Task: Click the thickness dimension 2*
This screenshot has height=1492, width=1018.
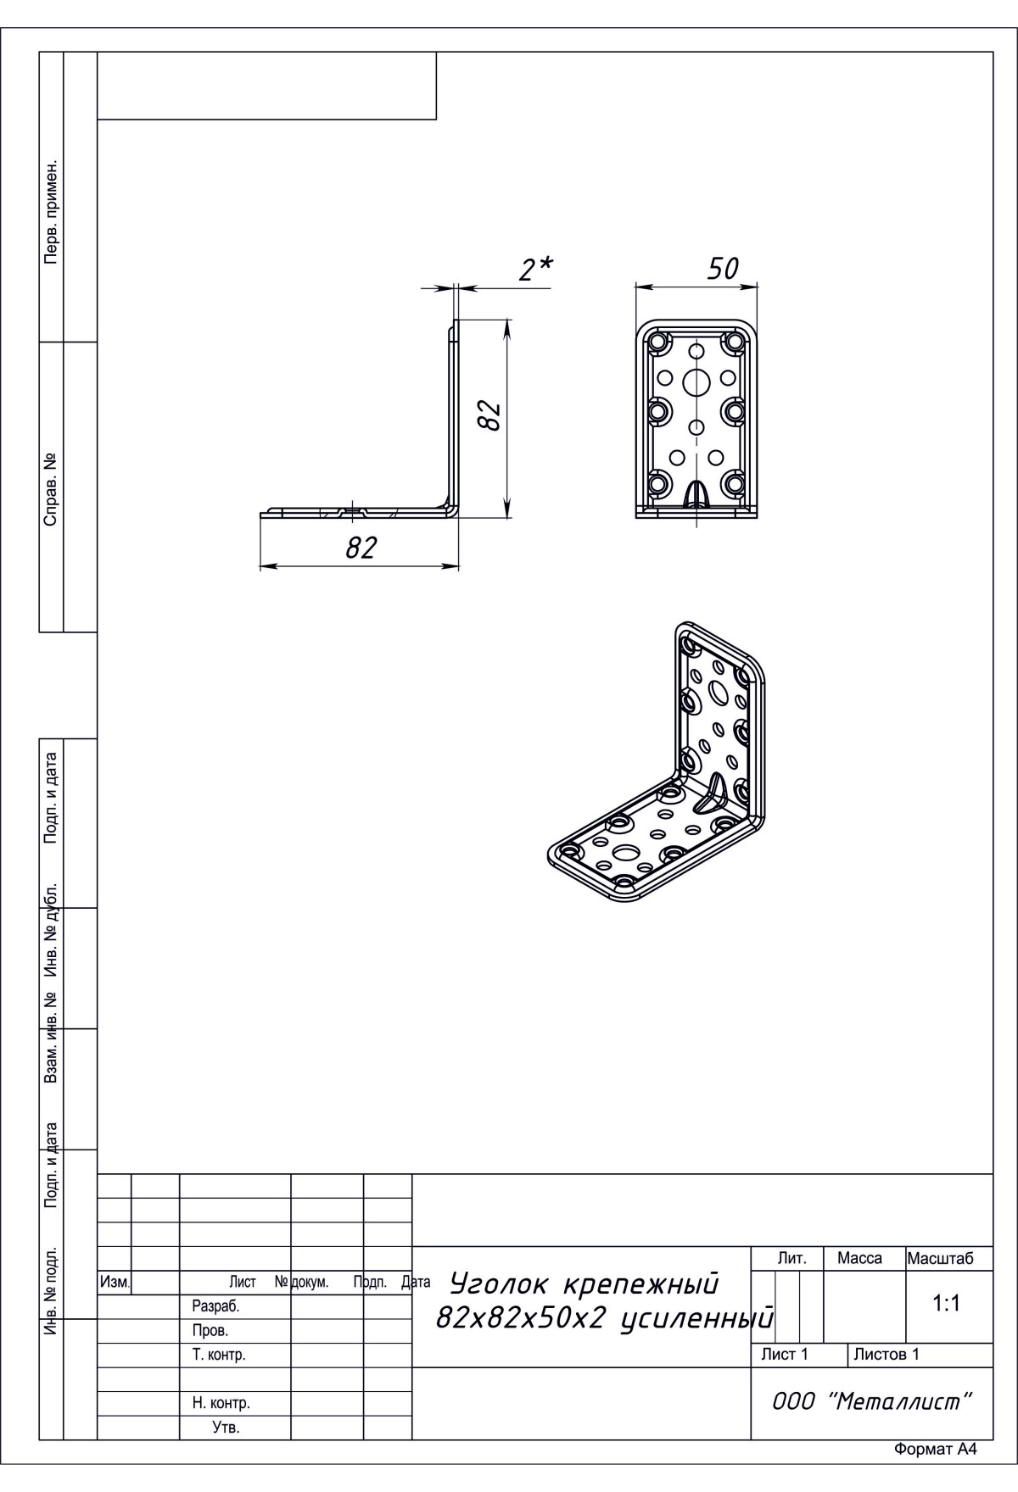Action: pyautogui.click(x=535, y=269)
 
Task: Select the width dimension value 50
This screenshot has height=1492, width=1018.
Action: pyautogui.click(x=723, y=269)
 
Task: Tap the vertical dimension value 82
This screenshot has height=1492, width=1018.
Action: pyautogui.click(x=489, y=415)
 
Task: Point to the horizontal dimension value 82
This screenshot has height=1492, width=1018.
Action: pyautogui.click(x=361, y=548)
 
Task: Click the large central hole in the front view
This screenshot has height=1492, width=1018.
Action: pyautogui.click(x=696, y=383)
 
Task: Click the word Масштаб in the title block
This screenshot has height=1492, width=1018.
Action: pyautogui.click(x=940, y=1259)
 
